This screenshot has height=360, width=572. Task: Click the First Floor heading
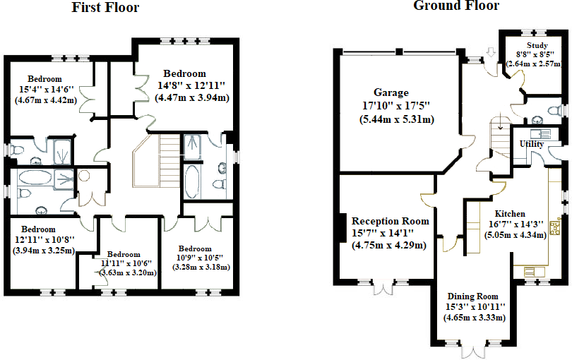coord(105,7)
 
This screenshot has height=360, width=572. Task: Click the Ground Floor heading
coord(456,6)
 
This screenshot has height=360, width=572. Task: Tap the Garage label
coord(391,92)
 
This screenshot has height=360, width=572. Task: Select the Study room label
coord(537,46)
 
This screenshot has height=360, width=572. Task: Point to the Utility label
coord(532,144)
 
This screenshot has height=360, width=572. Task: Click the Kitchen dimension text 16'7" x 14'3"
coord(516,224)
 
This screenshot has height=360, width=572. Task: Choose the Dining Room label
coord(472,296)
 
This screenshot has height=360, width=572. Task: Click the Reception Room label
coord(390,221)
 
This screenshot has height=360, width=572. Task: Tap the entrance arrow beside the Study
coord(491,52)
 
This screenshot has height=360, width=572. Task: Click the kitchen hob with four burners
coord(555,226)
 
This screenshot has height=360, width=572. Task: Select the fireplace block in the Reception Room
coord(342,227)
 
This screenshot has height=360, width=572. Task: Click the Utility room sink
coord(541,133)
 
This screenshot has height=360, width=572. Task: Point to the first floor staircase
coord(157,161)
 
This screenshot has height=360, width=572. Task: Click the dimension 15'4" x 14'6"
coord(47,90)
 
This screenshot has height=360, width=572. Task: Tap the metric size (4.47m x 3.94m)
coord(192,97)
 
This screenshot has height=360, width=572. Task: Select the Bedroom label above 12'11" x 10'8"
coord(38,229)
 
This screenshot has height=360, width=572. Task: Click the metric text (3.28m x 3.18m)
coord(201,267)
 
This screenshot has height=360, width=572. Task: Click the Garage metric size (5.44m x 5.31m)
coord(397,119)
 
